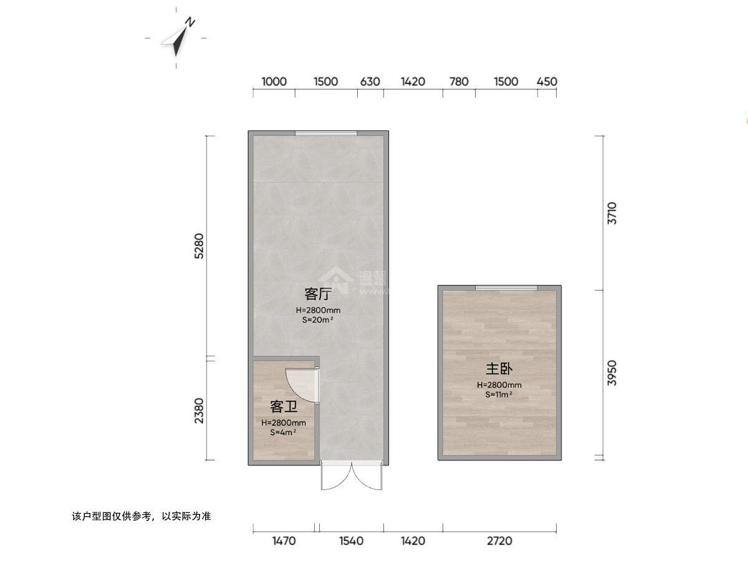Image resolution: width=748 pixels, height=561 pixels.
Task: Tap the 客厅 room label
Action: click(x=317, y=293)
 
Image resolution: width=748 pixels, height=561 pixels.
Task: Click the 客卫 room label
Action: click(x=283, y=407)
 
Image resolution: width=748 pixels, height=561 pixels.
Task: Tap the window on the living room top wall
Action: click(x=326, y=133)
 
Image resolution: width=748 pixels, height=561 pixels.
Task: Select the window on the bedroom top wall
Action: click(x=506, y=287)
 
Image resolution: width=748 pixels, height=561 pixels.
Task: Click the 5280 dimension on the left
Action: click(x=198, y=246)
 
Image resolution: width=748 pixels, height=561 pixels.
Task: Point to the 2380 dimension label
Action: click(x=198, y=410)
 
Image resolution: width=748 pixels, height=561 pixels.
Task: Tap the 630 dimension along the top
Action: click(x=370, y=82)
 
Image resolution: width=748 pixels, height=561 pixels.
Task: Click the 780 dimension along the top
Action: click(x=459, y=82)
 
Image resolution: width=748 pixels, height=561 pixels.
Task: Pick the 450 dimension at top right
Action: click(x=547, y=82)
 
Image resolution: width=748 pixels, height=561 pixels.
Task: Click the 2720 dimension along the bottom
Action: click(x=499, y=541)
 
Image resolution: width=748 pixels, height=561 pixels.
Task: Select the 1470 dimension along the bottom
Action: click(x=284, y=541)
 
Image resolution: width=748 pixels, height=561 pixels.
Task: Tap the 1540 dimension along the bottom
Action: click(x=351, y=541)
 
